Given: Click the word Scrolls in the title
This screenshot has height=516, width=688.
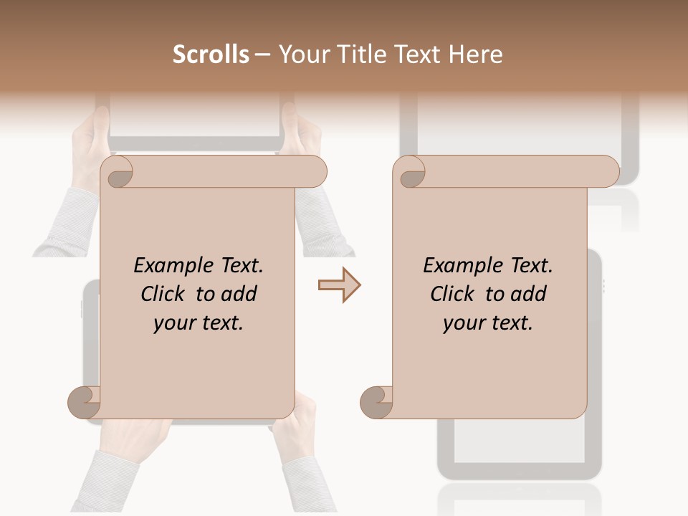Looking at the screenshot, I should [x=211, y=54].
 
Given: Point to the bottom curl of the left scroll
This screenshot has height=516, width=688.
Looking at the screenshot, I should [x=85, y=402].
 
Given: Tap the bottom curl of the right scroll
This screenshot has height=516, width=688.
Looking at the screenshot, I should [x=376, y=402].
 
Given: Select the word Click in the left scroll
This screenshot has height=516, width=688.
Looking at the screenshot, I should [x=161, y=294].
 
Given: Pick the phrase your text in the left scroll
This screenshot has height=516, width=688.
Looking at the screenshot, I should [x=199, y=322].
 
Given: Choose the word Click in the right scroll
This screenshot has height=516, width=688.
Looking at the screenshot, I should [x=451, y=294].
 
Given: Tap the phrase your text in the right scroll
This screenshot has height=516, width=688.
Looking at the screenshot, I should [x=488, y=322].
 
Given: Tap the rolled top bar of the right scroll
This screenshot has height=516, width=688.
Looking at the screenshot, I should [x=516, y=171].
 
